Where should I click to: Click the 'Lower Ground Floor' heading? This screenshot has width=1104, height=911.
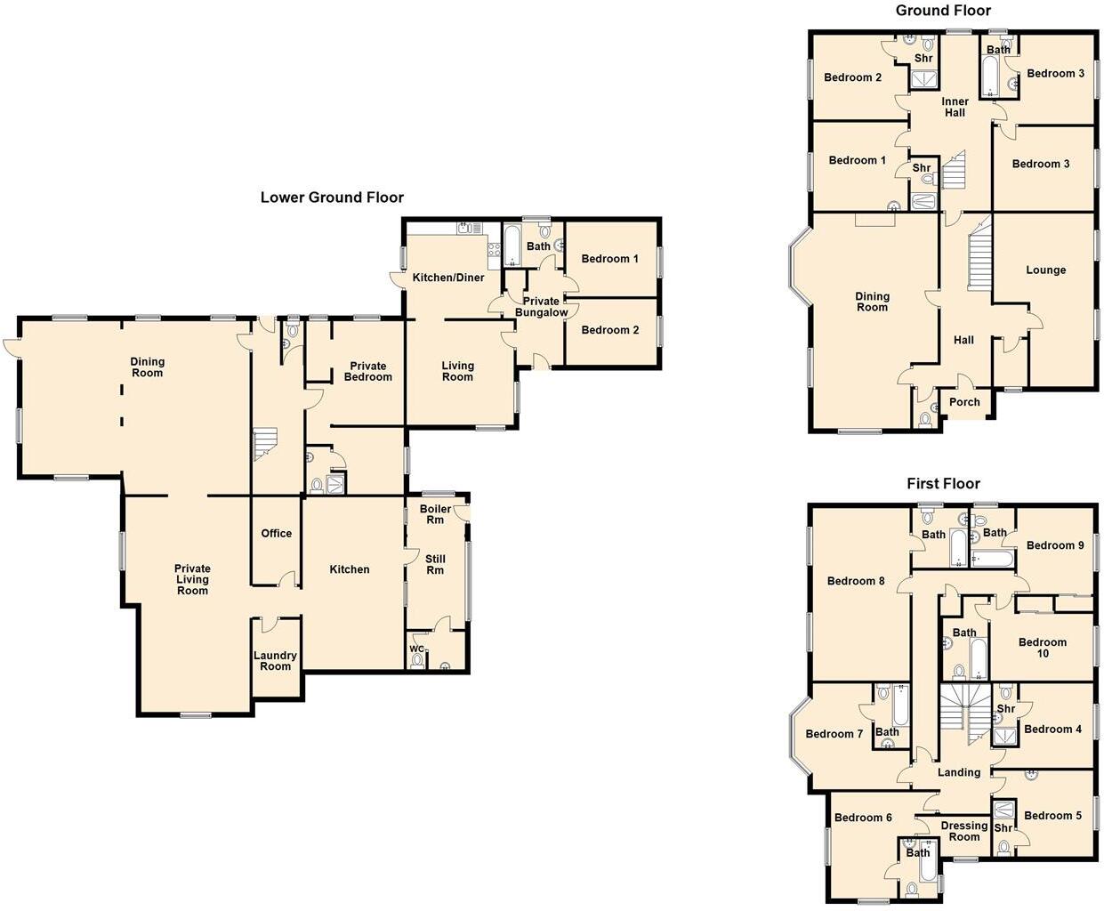(x=332, y=198)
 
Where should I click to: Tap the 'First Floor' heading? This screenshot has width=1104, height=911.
(x=943, y=484)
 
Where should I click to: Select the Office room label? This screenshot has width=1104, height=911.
(x=277, y=534)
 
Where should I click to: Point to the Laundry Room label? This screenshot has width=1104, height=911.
(x=275, y=661)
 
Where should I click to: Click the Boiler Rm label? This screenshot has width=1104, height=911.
(x=435, y=514)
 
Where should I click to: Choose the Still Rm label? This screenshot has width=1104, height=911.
(x=435, y=565)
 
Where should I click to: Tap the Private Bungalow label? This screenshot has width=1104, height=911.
(x=541, y=307)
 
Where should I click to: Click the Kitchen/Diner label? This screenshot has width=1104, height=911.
(x=448, y=278)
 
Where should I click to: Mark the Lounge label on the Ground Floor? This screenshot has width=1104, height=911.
(x=1045, y=270)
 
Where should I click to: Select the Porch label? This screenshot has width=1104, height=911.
(x=964, y=402)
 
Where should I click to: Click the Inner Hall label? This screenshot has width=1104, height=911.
(x=955, y=108)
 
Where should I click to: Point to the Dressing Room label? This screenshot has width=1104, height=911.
(x=964, y=831)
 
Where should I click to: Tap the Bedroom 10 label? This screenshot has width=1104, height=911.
(x=1042, y=648)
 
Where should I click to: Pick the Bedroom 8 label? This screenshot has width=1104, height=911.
(x=856, y=582)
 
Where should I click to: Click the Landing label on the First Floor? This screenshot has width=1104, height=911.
(x=959, y=772)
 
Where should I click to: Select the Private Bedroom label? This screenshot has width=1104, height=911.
(x=367, y=372)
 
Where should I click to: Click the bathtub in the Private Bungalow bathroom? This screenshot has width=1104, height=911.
(x=512, y=246)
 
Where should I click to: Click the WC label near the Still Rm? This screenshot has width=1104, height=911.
(x=416, y=649)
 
